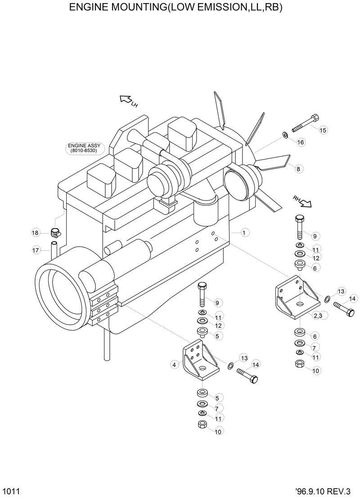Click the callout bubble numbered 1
coord(244,233)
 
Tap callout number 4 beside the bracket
coord(174,365)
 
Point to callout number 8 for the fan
coord(299,169)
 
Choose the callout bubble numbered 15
coord(323,130)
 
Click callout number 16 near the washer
coord(301,142)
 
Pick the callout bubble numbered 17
coord(36,250)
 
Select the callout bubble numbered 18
coord(36,233)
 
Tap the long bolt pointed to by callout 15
coord(306,123)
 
